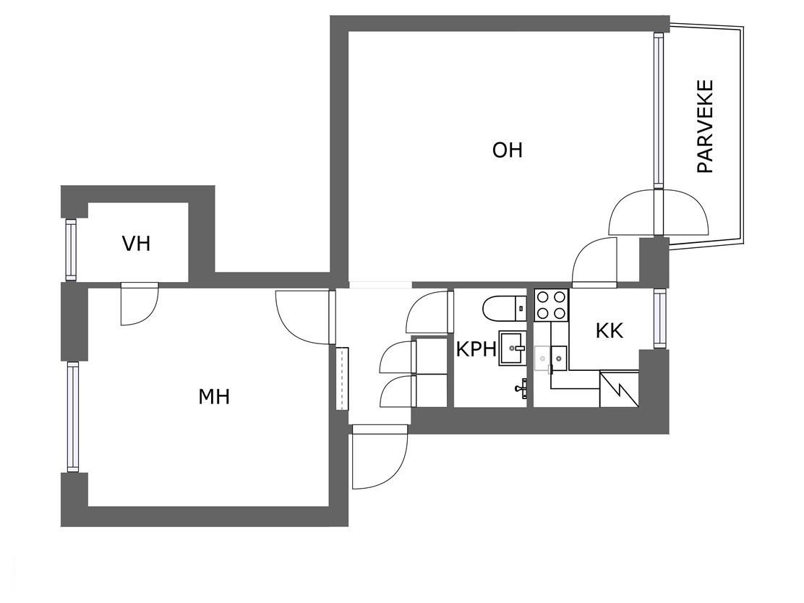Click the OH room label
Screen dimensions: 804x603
[507, 150]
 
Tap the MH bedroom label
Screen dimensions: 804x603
[214, 396]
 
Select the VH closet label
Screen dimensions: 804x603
[137, 244]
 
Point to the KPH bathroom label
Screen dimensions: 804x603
[476, 349]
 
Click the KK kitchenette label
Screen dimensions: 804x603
[610, 330]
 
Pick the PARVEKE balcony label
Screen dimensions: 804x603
[706, 126]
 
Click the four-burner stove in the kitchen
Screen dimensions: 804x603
[551, 304]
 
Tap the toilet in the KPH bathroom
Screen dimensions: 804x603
[504, 308]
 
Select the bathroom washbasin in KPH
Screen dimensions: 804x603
[513, 348]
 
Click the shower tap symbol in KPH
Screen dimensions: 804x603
[521, 388]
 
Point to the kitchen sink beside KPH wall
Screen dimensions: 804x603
[550, 358]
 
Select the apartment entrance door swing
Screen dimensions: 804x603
[380, 457]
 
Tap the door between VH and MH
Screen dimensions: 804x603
[140, 304]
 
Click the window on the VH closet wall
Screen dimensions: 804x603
[71, 249]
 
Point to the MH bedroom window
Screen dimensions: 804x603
[73, 416]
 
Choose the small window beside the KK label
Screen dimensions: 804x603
[659, 318]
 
